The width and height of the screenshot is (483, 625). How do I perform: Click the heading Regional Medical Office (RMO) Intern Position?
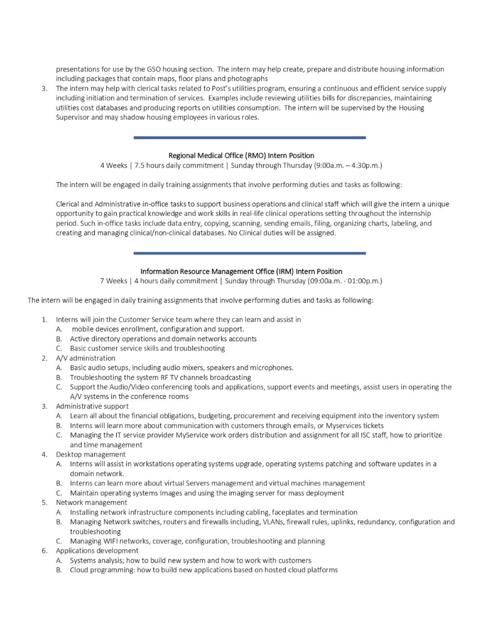(x=241, y=156)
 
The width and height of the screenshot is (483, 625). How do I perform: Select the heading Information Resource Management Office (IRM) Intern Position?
(x=241, y=271)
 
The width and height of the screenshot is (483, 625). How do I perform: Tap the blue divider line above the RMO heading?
(x=249, y=138)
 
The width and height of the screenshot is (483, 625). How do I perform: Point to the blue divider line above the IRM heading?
(x=249, y=253)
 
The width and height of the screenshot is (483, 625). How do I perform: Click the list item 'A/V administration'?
(x=85, y=358)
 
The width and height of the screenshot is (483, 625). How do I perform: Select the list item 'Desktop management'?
(x=90, y=455)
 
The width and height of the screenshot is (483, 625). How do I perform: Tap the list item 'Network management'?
(x=91, y=503)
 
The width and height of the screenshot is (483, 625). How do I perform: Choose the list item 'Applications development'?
(x=97, y=551)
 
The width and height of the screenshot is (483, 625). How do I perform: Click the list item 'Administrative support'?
(x=92, y=406)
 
